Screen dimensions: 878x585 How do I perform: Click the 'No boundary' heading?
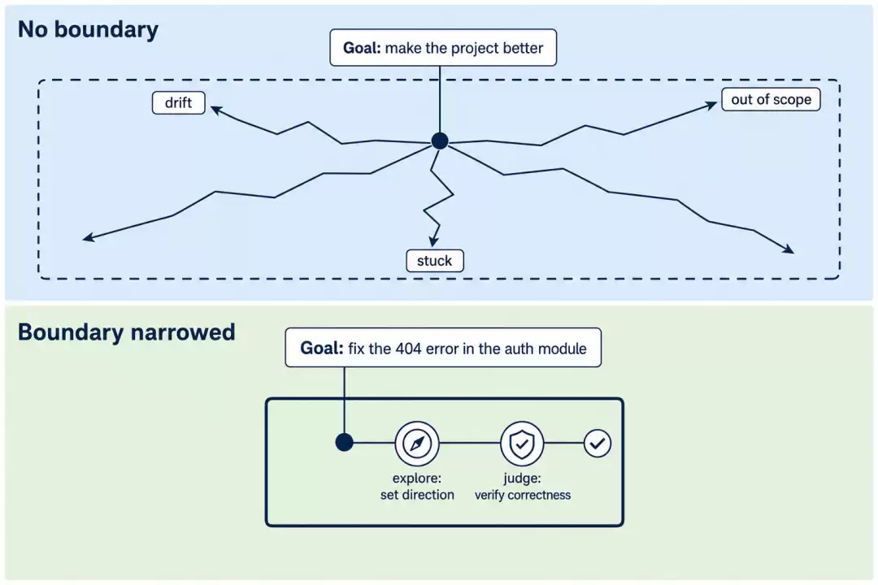coord(88,30)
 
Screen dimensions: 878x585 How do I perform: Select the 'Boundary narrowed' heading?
coord(127,332)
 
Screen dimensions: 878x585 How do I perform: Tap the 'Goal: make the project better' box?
coord(443,48)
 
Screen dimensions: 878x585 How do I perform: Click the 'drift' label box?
coord(179,103)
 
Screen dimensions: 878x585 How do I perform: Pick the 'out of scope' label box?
coord(771,100)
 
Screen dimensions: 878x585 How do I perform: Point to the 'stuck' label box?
coord(434,261)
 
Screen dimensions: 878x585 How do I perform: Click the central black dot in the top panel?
coord(440,141)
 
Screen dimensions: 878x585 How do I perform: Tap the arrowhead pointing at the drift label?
coord(216,110)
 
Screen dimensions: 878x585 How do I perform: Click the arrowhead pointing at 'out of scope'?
coord(711,105)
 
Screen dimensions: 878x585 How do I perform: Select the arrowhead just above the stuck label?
coord(433,241)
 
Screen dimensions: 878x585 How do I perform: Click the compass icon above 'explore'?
coord(417,444)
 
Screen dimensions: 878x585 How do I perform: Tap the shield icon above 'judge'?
coord(522,444)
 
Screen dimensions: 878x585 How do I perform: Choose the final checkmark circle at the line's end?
coord(598,444)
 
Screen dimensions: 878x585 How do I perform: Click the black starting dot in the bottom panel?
coord(345,442)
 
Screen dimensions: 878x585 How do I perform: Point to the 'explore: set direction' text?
coord(417,487)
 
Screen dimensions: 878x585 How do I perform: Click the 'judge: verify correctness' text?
coord(523,487)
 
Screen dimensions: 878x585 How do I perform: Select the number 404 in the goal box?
coord(408,349)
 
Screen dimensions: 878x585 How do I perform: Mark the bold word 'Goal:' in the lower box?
coord(321,349)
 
